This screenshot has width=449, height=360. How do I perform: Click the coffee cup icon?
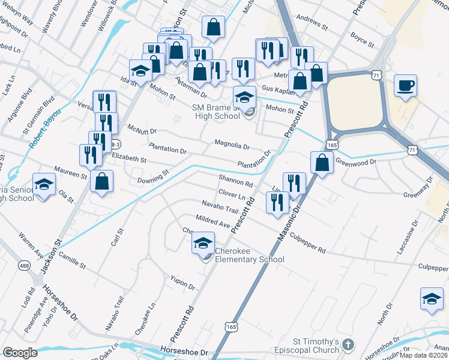[x=405, y=85]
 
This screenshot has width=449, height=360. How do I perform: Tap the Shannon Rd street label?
[x=235, y=181]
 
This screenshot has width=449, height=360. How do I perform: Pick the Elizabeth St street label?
[x=129, y=160]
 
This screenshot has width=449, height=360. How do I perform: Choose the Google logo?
[x=20, y=353]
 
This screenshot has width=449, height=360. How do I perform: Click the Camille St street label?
[x=72, y=260]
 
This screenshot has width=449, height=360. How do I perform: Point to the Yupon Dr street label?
[x=183, y=283]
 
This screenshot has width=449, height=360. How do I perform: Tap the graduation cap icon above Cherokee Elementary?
[x=203, y=243]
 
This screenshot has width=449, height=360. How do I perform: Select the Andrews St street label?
[x=312, y=28]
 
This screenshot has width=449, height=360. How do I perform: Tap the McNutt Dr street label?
[x=142, y=130]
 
